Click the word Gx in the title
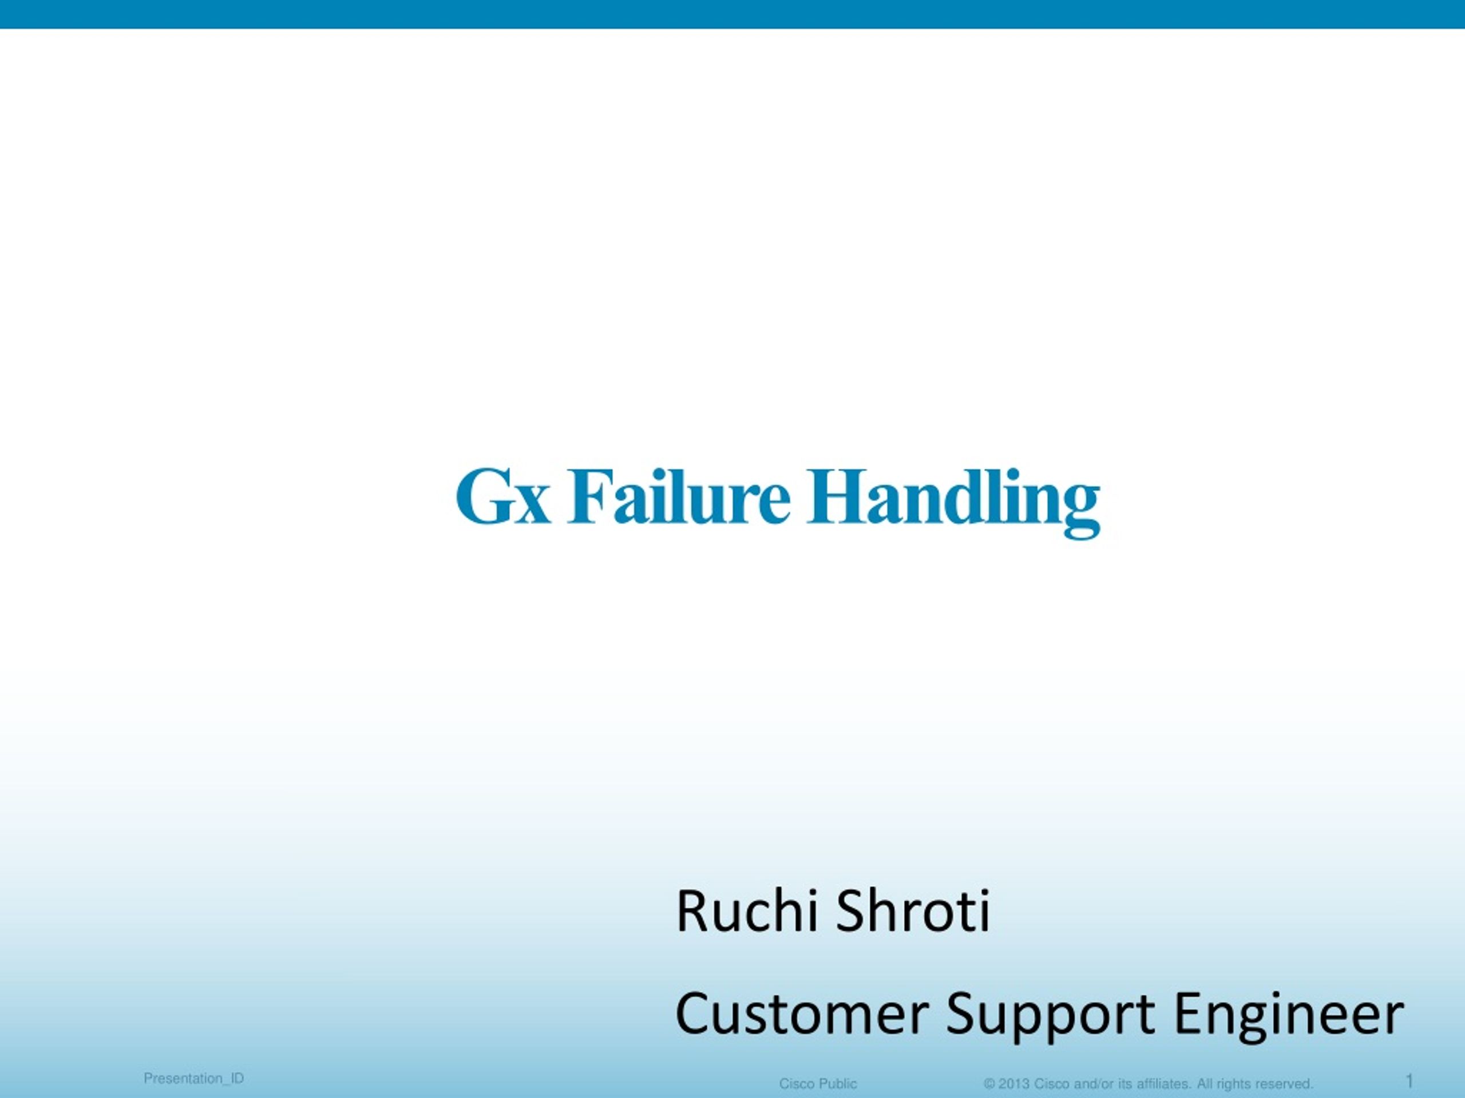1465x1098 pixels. click(502, 496)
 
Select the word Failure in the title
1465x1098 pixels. click(679, 496)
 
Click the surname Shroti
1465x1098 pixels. click(913, 912)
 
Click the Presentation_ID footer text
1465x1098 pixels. click(193, 1079)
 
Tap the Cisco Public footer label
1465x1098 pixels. click(818, 1084)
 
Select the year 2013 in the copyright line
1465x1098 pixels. click(1014, 1084)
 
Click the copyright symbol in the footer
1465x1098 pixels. click(989, 1084)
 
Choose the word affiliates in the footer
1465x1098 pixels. click(1165, 1084)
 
